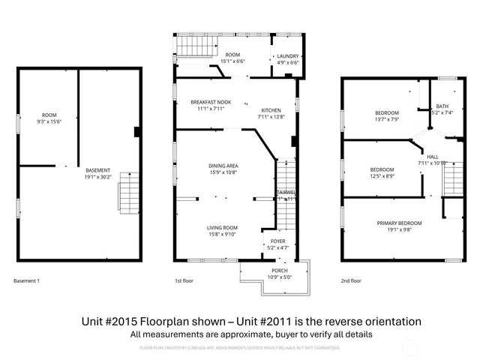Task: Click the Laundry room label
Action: [288, 56]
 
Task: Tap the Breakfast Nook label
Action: [211, 102]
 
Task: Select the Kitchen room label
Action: [271, 109]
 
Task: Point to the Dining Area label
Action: [223, 165]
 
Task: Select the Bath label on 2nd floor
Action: [442, 106]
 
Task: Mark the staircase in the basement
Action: [128, 192]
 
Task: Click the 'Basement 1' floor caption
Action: [27, 280]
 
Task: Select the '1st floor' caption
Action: [184, 280]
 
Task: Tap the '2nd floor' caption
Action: [351, 280]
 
